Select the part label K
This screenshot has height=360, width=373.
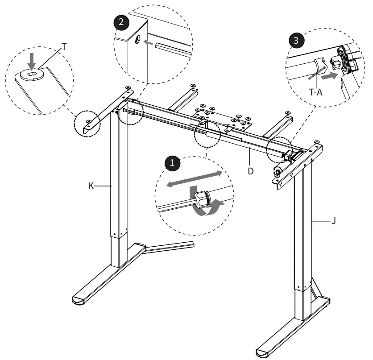coord(91,186)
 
